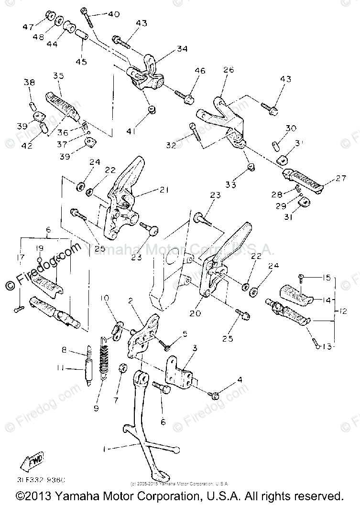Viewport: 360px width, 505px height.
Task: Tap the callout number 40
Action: point(113,14)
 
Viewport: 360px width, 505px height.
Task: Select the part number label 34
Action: point(168,48)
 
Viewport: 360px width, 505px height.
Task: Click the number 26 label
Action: point(228,70)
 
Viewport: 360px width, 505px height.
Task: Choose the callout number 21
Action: point(164,190)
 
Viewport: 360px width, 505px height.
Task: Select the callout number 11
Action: point(71,368)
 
